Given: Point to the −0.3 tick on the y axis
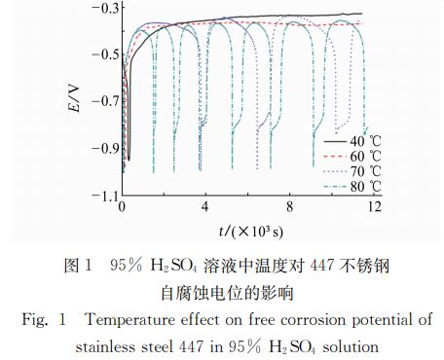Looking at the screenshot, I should click(98, 9).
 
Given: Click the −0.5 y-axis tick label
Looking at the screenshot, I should click(98, 54).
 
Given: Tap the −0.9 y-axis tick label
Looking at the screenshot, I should click(98, 149).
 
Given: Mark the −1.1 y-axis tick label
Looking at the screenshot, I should click(98, 196).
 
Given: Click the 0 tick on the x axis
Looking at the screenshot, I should click(122, 209).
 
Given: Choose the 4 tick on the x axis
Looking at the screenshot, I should click(204, 209).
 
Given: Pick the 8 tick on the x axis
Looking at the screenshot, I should click(288, 209).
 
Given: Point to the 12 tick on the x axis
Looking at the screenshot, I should click(370, 209).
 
